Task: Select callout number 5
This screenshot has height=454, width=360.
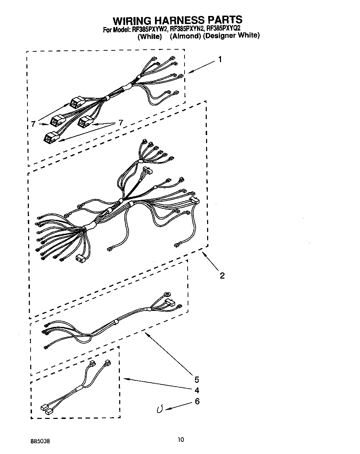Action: point(197,379)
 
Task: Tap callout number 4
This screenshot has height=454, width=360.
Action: point(197,390)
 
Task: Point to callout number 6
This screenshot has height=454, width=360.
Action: point(197,402)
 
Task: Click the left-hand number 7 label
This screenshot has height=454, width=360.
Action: point(33,124)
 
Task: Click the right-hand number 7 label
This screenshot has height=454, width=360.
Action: point(121,123)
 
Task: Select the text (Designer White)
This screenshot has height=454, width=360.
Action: point(231,35)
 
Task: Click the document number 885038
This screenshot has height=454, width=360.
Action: point(40,441)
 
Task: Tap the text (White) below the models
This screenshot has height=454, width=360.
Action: point(150,36)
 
